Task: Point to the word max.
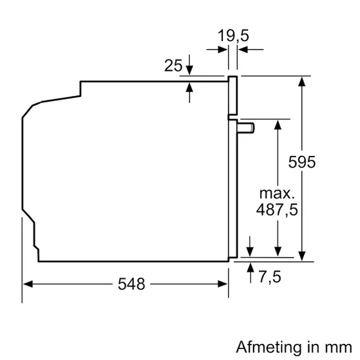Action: [276, 193]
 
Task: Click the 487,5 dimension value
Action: [278, 210]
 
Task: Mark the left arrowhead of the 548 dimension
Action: [27, 283]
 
